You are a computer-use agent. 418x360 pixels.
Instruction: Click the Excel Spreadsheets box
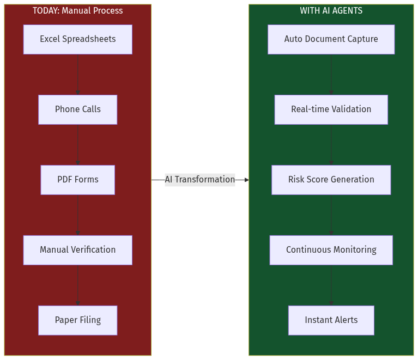[77, 39]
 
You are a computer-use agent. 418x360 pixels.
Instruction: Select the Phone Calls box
[77, 109]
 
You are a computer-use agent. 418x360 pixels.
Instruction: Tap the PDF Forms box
[77, 180]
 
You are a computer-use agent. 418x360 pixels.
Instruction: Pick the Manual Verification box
[77, 250]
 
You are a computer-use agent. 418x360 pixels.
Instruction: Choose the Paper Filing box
[77, 320]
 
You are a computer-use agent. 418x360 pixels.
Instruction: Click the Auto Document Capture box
[331, 39]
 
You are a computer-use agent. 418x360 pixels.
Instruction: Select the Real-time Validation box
[331, 109]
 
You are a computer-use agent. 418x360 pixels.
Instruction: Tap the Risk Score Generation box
[331, 180]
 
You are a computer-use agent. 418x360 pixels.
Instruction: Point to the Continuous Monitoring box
[331, 250]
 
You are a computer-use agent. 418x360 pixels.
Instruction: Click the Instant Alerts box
[331, 320]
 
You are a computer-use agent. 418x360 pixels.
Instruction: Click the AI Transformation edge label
[200, 180]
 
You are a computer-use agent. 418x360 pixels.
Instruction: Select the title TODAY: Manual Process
[77, 11]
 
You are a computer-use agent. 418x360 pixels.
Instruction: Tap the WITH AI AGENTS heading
[331, 11]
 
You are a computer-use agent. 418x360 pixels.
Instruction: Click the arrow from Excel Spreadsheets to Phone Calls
[77, 75]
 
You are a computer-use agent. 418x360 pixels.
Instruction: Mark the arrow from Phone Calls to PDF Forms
[77, 145]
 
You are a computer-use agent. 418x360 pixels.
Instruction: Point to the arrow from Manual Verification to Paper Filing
[77, 285]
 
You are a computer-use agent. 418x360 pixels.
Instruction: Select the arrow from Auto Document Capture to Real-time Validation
[331, 75]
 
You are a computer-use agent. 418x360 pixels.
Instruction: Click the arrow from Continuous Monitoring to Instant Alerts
[331, 285]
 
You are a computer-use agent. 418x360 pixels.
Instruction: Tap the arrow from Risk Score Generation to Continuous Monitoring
[331, 215]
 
